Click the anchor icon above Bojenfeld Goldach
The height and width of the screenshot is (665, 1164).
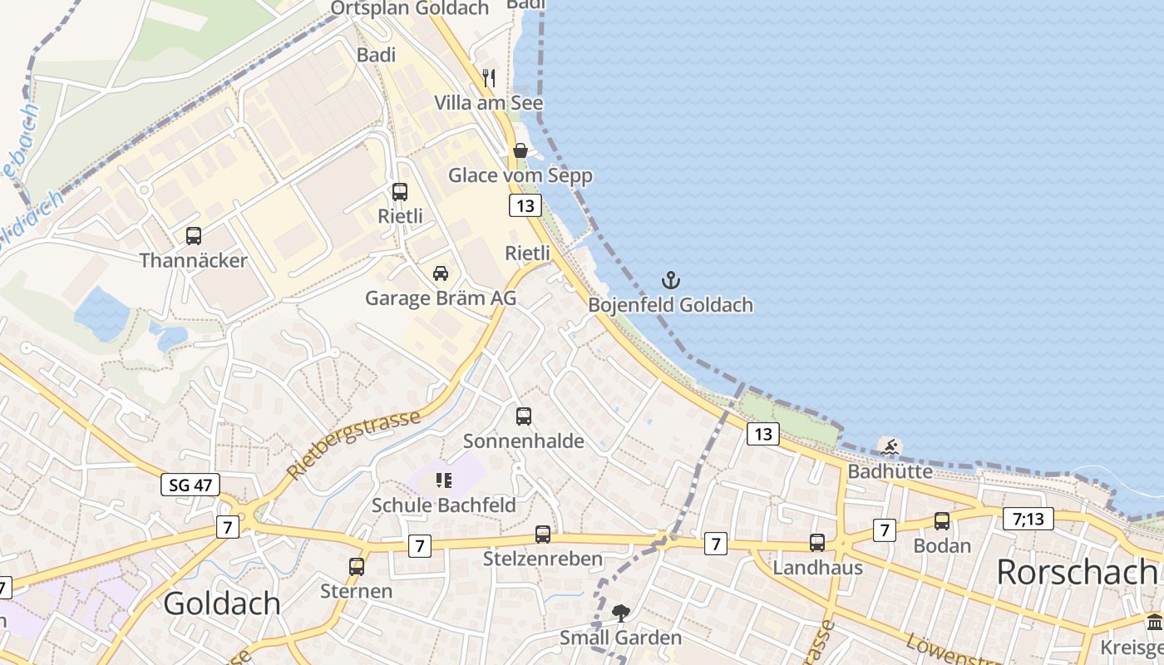[x=671, y=280]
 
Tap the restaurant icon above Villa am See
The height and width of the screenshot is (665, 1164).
[x=489, y=78]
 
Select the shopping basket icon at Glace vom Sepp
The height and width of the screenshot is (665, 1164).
[x=520, y=150]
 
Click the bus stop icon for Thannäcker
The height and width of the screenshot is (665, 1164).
[x=194, y=236]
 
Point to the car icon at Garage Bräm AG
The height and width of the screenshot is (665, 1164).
[x=441, y=273]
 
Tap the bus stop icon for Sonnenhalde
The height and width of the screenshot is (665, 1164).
[x=524, y=416]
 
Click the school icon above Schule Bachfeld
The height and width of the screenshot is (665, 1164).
[x=443, y=480]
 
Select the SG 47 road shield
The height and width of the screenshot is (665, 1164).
[x=190, y=485]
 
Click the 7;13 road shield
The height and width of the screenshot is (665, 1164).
[x=1028, y=519]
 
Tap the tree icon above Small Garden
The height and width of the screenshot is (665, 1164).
[x=620, y=613]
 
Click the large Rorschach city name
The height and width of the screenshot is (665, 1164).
[x=1076, y=572]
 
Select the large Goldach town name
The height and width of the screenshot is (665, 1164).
[x=222, y=603]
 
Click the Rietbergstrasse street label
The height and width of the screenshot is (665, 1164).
[x=354, y=444]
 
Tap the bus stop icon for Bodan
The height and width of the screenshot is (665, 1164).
[x=942, y=521]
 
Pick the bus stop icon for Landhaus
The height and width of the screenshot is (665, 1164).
[x=817, y=543]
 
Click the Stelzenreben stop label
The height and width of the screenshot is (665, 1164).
[x=543, y=558]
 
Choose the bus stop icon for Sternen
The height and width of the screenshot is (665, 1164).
[x=357, y=567]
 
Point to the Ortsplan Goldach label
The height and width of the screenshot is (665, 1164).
[x=410, y=8]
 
